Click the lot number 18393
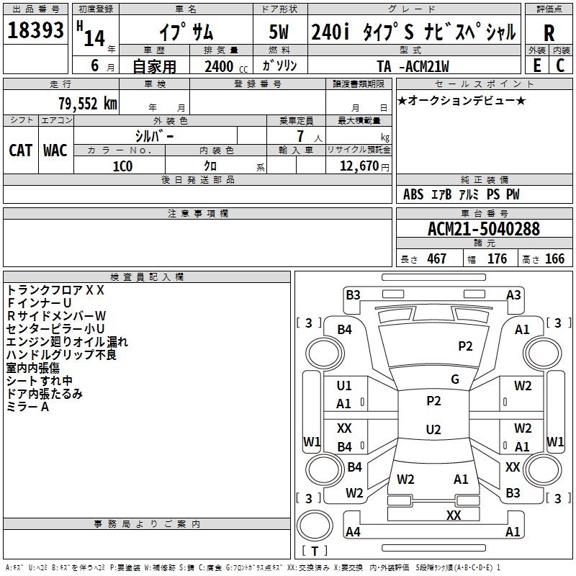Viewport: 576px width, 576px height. (x=36, y=31)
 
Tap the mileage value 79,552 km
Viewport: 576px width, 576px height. (x=87, y=104)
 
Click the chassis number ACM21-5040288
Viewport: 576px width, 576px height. (x=484, y=230)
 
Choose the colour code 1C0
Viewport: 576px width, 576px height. (x=123, y=166)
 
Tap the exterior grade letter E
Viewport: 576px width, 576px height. (x=536, y=66)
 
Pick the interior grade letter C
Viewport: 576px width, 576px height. (x=561, y=66)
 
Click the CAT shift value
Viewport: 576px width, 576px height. (x=20, y=150)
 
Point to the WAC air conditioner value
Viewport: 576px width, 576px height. (x=55, y=150)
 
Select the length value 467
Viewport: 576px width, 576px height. (x=436, y=258)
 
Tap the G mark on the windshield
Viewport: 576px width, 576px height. (x=455, y=379)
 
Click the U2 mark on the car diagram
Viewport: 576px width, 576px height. (x=433, y=430)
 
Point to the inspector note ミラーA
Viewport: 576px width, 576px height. (x=28, y=407)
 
